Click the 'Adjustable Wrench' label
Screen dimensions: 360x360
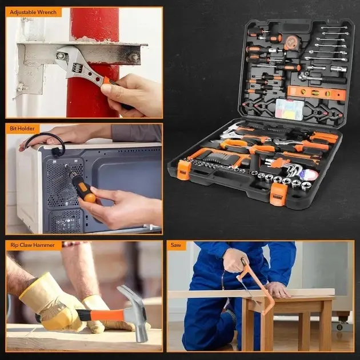click(33, 12)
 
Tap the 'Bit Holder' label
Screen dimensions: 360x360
click(22, 129)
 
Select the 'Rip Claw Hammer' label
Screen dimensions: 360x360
click(33, 245)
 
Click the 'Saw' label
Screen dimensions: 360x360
click(175, 245)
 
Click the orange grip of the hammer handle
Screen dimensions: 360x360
click(107, 315)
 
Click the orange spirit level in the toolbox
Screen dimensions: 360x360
click(317, 93)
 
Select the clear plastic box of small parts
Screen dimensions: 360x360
click(290, 109)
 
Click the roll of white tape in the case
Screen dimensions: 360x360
click(309, 174)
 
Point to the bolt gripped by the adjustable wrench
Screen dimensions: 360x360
click(61, 56)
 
